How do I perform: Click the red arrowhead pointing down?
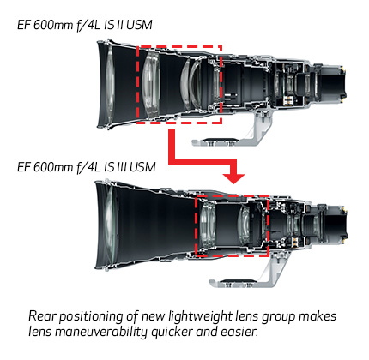point(234,178)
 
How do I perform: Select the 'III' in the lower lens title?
point(121,167)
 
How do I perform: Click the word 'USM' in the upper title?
point(139,25)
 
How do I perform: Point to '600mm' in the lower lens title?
point(53,167)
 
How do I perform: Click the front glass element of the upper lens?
point(110,85)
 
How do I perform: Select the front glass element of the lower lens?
point(110,225)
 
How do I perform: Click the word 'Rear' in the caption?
point(43,316)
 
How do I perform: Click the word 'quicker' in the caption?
point(171,333)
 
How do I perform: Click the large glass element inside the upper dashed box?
point(151,83)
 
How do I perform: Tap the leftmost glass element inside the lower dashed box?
point(208,225)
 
